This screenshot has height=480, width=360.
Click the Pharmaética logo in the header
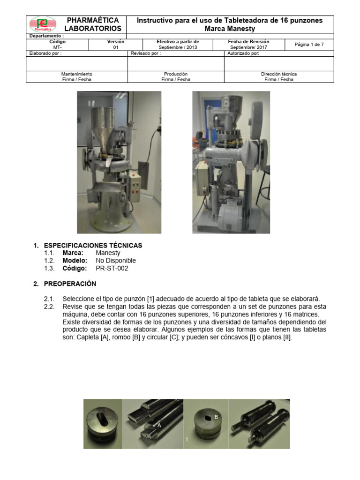[x=43, y=24]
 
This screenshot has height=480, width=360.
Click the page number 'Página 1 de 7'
[x=308, y=45]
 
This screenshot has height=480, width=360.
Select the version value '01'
[x=115, y=47]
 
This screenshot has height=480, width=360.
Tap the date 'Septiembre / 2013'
[x=177, y=47]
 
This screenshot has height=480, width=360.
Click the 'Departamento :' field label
[x=47, y=36]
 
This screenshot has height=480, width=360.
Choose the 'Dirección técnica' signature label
[x=278, y=74]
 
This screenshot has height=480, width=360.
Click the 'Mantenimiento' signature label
[x=77, y=74]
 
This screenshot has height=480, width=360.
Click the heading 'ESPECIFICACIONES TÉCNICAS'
[x=92, y=246]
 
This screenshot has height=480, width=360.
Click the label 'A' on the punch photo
[x=159, y=425]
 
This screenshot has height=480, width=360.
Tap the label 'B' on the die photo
[x=216, y=416]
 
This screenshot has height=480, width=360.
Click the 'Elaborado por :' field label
[x=45, y=53]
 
